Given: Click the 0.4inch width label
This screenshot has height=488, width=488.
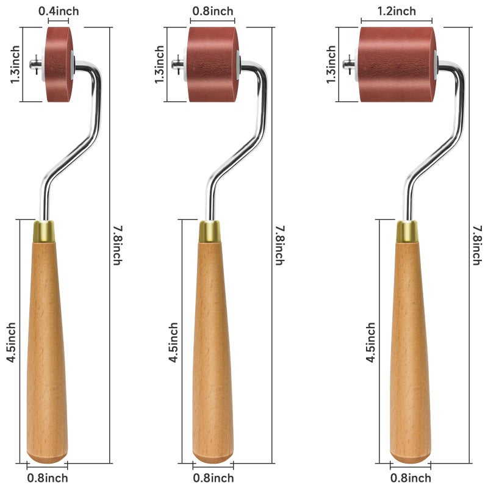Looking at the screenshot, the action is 59,11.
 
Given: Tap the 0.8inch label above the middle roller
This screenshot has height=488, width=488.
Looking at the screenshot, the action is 213,11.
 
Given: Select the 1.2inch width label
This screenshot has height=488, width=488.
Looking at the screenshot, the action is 396,11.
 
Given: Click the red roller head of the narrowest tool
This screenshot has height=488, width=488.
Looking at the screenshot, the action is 59,65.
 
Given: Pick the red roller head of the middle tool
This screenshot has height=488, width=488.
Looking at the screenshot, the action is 212,65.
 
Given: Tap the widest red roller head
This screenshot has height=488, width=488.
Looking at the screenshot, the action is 396,65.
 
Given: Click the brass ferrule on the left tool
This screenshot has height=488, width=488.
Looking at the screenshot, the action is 44,232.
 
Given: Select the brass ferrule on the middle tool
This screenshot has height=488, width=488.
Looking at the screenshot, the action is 209,232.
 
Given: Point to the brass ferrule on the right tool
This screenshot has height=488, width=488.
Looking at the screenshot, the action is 407,232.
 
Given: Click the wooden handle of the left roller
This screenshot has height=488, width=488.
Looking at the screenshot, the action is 47,352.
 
